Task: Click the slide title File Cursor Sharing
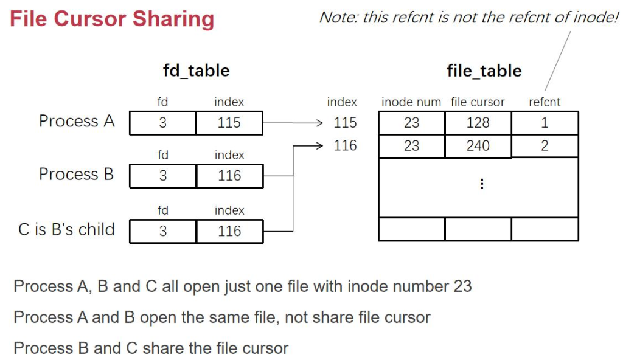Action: click(x=112, y=19)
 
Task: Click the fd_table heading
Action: click(x=196, y=71)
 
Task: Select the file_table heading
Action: click(x=484, y=71)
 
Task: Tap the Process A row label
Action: click(x=77, y=122)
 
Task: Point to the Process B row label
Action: click(x=77, y=175)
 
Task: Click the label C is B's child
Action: click(x=67, y=230)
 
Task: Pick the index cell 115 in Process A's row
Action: click(x=229, y=123)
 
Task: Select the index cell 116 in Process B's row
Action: click(x=229, y=176)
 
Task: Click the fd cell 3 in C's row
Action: click(x=163, y=232)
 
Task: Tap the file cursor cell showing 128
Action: click(x=478, y=123)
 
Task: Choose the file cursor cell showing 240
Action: click(x=478, y=146)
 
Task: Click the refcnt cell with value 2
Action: click(x=545, y=146)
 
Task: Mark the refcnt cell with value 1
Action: click(x=545, y=123)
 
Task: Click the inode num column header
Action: click(x=411, y=103)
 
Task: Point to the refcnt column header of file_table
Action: click(x=545, y=103)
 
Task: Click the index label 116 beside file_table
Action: click(x=345, y=146)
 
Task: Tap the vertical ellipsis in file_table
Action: click(x=482, y=184)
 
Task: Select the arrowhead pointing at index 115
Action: click(x=318, y=123)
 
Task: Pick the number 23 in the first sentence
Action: click(x=462, y=286)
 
